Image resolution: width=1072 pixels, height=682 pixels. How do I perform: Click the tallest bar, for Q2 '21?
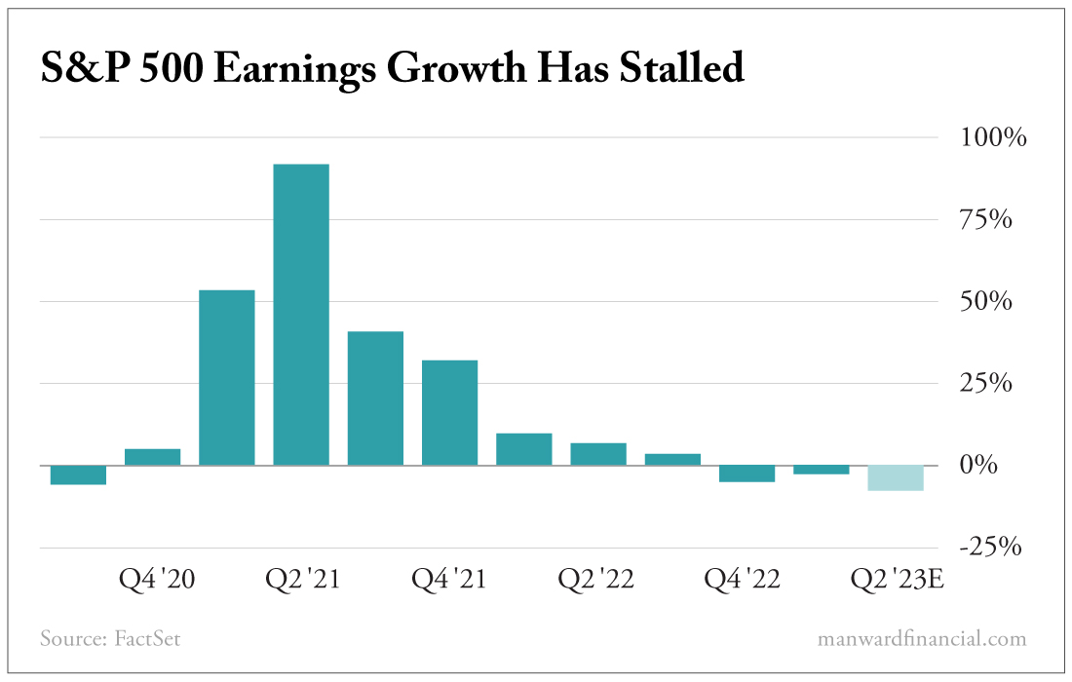[x=301, y=314]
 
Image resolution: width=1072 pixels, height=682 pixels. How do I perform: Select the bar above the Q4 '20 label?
[x=153, y=456]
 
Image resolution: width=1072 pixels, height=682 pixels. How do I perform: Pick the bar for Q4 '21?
[x=449, y=412]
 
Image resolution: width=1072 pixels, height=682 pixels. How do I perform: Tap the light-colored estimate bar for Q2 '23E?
[x=896, y=477]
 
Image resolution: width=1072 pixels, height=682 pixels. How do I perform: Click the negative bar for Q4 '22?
[x=747, y=474]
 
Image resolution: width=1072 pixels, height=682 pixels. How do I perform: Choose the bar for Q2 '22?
[x=598, y=454]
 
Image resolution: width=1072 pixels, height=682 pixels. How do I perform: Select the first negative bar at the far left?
[x=78, y=474]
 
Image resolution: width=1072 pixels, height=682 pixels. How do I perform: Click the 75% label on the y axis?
[x=993, y=219]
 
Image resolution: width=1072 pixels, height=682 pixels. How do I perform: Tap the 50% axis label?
[x=993, y=301]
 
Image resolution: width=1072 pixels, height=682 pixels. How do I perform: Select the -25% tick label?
[x=990, y=548]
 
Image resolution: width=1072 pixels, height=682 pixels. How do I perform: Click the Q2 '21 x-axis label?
[x=303, y=580]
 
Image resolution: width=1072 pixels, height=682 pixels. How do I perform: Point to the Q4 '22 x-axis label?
[x=743, y=580]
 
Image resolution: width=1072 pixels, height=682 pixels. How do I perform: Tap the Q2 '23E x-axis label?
[x=898, y=580]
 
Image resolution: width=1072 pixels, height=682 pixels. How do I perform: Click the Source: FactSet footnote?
[x=110, y=640]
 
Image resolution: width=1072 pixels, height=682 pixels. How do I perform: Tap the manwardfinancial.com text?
[x=921, y=640]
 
